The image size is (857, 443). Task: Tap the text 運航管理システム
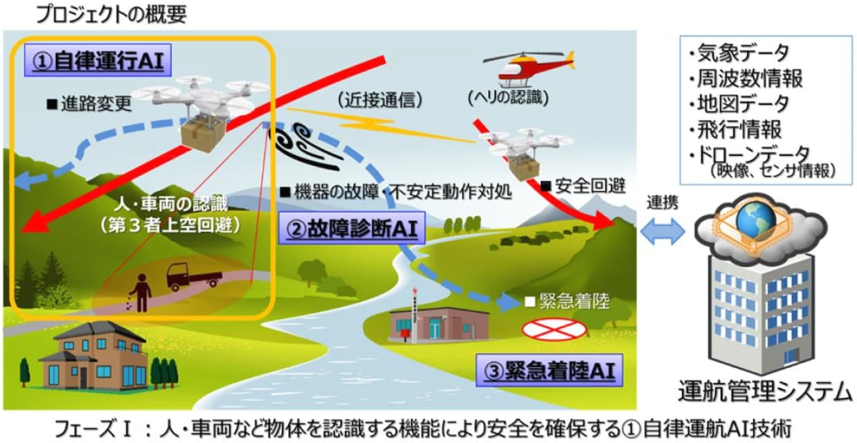[x=764, y=391]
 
